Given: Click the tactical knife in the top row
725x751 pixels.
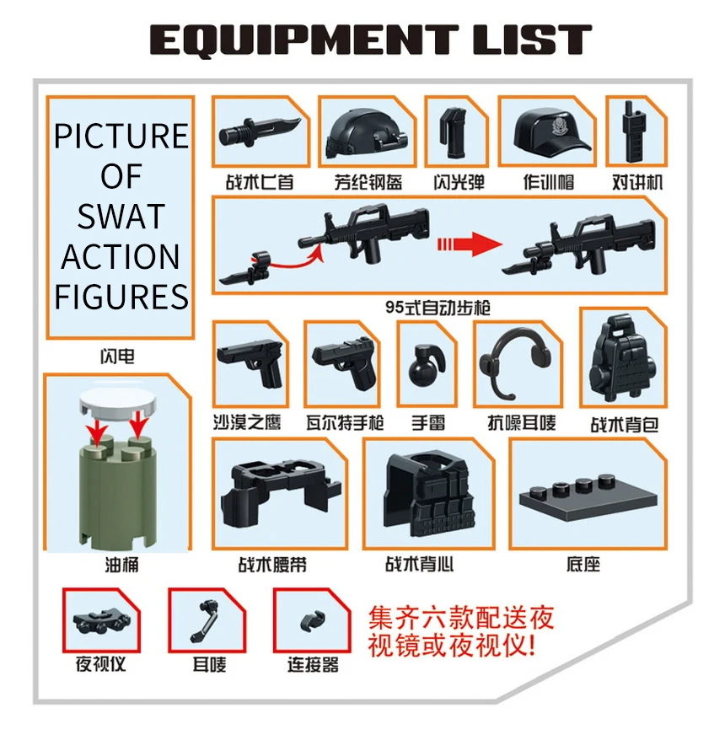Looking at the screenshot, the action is (260, 131).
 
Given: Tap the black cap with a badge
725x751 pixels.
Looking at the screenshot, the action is (552, 131).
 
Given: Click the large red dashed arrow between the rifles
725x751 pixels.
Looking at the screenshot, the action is (469, 244).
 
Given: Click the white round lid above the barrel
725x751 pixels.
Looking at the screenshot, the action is (118, 400).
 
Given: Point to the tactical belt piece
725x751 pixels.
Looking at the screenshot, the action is (280, 493).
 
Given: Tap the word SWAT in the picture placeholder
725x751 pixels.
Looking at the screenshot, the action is (121, 217).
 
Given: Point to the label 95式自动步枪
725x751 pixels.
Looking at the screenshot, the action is (438, 308).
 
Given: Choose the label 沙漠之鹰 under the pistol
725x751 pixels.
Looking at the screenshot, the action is (247, 422).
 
